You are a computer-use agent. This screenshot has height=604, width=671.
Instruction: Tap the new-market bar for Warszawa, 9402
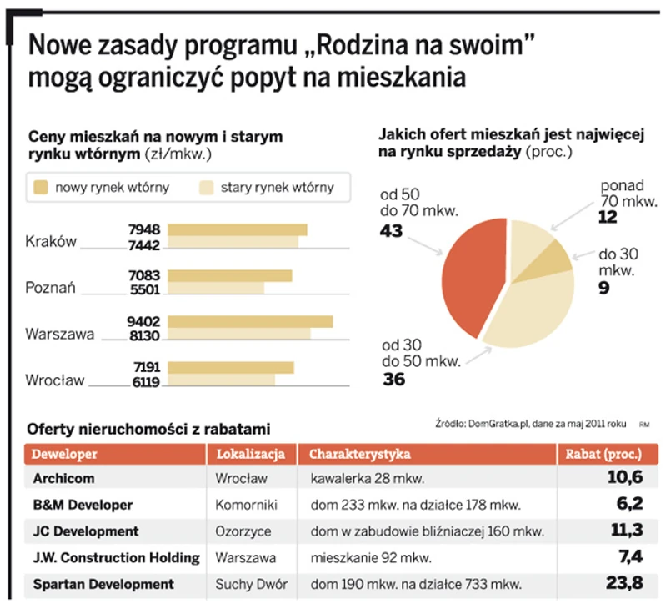pyautogui.click(x=250, y=321)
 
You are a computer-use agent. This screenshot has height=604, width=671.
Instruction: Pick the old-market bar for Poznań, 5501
pyautogui.click(x=216, y=288)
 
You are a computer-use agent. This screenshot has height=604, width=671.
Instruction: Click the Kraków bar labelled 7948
pyautogui.click(x=238, y=229)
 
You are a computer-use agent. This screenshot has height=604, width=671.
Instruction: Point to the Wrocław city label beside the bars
pyautogui.click(x=55, y=380)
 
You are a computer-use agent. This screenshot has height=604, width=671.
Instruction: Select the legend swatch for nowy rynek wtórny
pyautogui.click(x=39, y=187)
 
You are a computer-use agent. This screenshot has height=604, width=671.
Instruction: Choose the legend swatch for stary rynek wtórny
pyautogui.click(x=205, y=187)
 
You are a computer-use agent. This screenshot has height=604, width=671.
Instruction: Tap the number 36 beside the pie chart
pyautogui.click(x=393, y=380)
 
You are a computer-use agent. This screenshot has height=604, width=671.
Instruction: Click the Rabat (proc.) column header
pyautogui.click(x=604, y=455)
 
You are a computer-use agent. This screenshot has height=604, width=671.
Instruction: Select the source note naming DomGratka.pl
pyautogui.click(x=530, y=424)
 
